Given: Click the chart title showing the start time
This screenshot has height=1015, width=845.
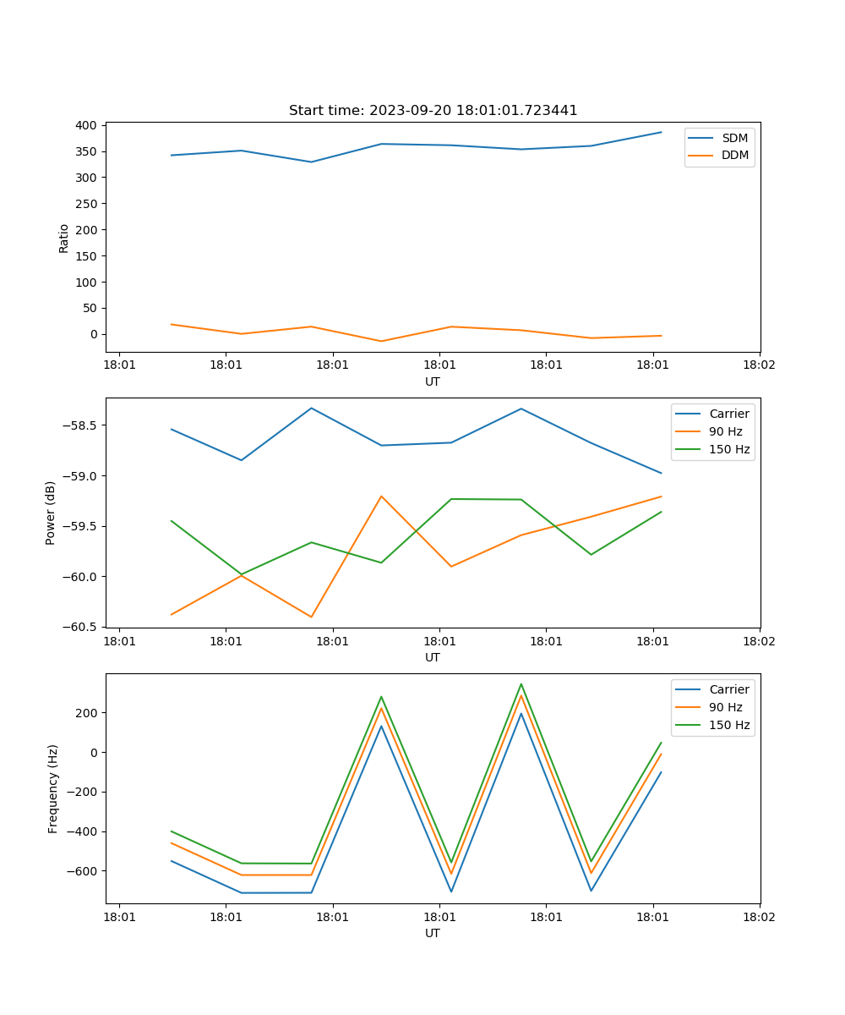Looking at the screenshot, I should (433, 111).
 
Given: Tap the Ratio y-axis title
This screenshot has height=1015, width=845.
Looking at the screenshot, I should (64, 238).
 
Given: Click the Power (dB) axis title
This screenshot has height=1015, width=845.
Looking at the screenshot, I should (51, 513).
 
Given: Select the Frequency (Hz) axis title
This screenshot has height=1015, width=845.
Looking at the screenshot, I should (53, 788).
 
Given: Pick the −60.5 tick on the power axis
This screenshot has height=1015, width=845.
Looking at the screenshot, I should (81, 627).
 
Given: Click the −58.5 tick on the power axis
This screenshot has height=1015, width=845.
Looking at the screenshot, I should (81, 425).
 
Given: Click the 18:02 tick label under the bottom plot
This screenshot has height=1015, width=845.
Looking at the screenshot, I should (758, 917).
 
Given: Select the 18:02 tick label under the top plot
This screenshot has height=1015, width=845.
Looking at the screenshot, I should (758, 365).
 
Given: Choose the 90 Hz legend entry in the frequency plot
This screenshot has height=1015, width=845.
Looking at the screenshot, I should (726, 707).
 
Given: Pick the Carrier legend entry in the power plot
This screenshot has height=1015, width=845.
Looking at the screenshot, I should (728, 414).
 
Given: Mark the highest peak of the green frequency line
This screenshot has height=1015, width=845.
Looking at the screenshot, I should (521, 683).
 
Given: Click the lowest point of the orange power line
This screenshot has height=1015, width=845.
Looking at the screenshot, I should (311, 617).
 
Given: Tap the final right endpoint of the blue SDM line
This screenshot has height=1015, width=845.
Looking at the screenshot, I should (661, 132).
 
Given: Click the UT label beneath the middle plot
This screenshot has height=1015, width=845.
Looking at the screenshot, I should (433, 657).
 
